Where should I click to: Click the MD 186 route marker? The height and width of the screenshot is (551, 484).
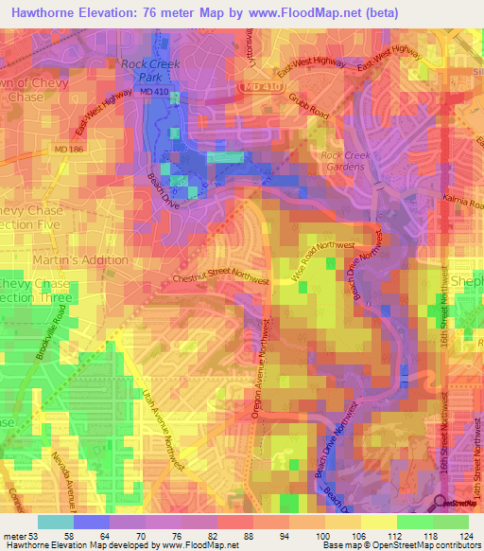67,151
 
